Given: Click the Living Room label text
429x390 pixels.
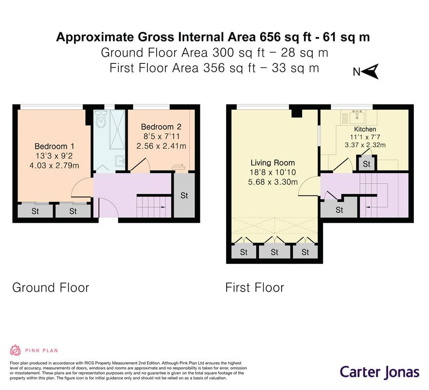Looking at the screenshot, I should tap(272, 163).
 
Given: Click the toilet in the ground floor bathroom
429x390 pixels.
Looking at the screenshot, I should tap(101, 119).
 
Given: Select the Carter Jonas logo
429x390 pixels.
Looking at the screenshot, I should tap(379, 372).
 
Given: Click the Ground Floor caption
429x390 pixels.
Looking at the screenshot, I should tap(51, 288).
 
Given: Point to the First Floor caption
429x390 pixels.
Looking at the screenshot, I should tap(254, 288).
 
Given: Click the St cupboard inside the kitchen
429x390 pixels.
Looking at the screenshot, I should tap(367, 164).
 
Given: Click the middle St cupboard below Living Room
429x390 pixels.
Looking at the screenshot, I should tap(274, 252).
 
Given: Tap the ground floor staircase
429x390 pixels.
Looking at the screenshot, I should tap(153, 207).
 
